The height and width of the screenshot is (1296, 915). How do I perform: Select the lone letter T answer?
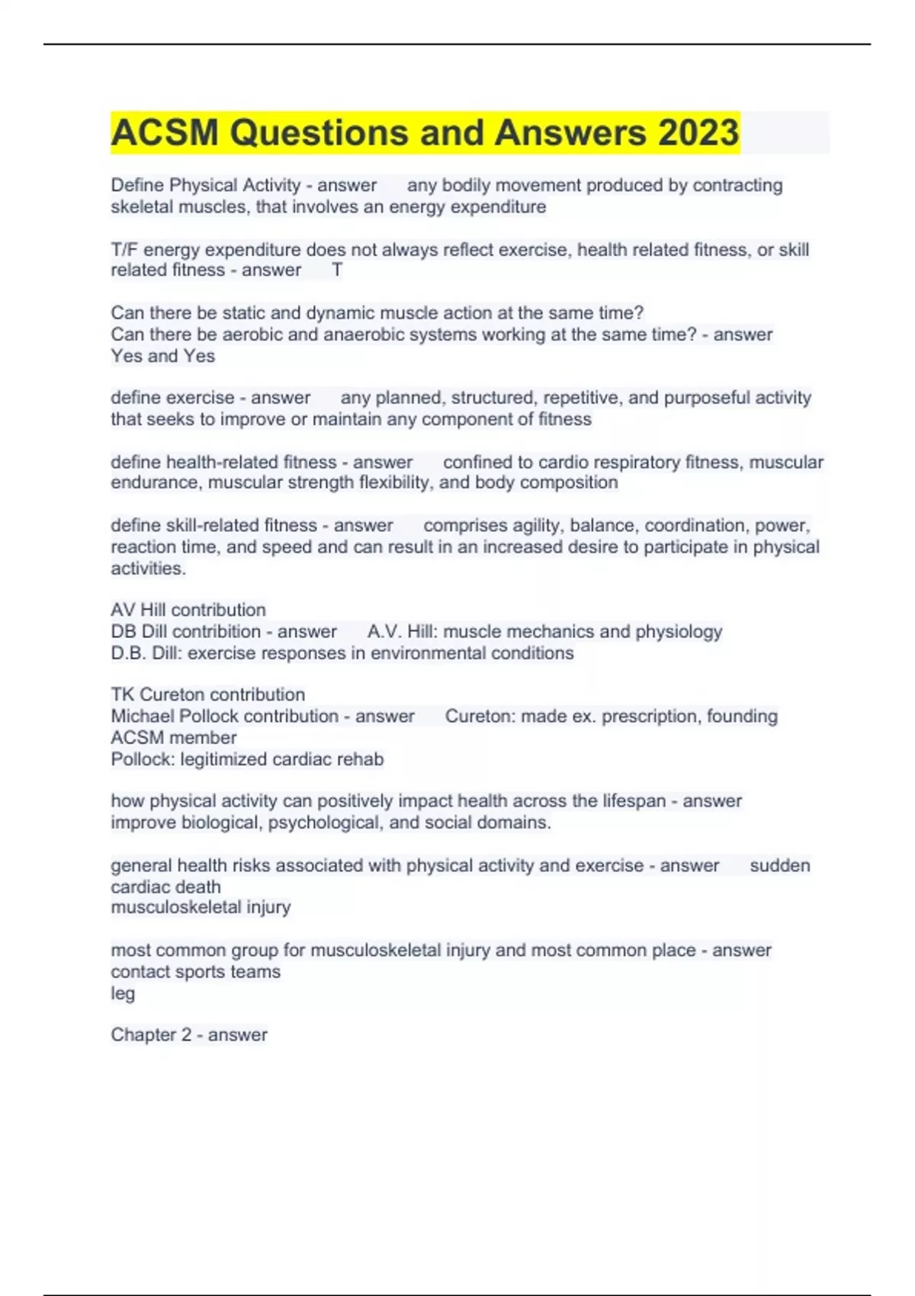pyautogui.click(x=337, y=270)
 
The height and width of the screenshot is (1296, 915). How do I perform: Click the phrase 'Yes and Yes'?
pyautogui.click(x=162, y=356)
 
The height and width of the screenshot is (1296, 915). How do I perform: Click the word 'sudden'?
pyautogui.click(x=779, y=865)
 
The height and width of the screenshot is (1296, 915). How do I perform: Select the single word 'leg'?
pyautogui.click(x=123, y=993)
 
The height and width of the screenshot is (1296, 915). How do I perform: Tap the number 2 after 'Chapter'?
pyautogui.click(x=186, y=1035)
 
